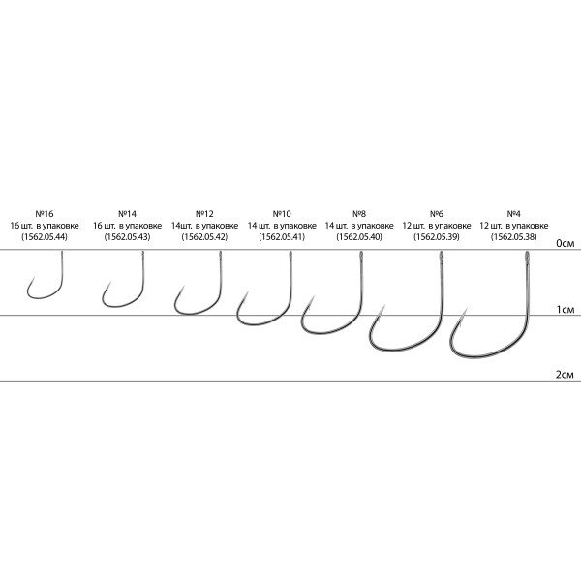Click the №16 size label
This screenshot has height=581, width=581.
coord(45,214)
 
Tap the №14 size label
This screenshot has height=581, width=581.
coord(127,214)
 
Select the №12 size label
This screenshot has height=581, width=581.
coord(204,214)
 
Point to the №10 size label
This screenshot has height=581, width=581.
coord(282,214)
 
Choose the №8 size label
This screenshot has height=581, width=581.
coord(359,214)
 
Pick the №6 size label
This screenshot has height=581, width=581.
coord(437,214)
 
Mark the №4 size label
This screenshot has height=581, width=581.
coord(514,214)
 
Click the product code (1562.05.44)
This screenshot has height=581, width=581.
coord(45,237)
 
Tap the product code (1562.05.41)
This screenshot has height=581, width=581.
coord(282,237)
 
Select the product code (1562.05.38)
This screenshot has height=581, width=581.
coord(514,237)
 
